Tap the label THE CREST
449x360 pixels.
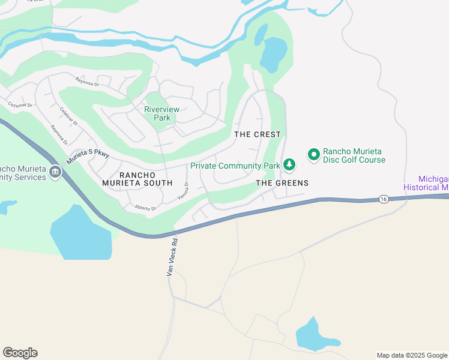258,134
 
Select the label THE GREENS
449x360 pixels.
282,183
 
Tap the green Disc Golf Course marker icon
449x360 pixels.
313,155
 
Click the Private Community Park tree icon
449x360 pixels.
289,164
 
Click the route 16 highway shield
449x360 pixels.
382,199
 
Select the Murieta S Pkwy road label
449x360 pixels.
88,157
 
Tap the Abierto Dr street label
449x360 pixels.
145,208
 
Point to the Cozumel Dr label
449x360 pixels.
19,104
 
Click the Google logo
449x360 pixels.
20,353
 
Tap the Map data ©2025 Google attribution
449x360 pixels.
412,355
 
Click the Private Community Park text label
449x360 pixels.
235,166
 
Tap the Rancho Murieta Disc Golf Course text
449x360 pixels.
354,155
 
